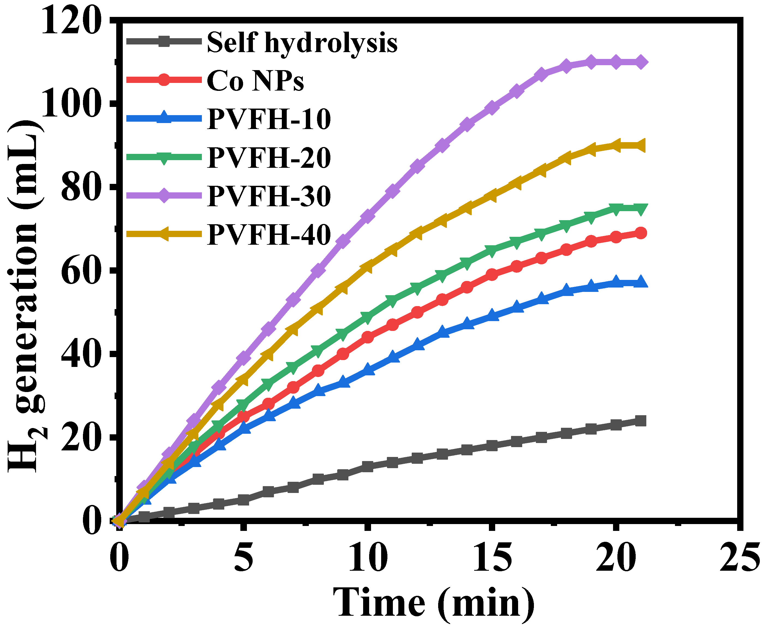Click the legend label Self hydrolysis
point(302,43)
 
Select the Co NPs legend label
point(255,80)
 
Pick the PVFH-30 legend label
point(269,196)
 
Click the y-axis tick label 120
point(71,22)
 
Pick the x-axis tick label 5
point(243,557)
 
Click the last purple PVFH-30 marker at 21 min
point(641,62)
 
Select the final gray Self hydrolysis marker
point(641,421)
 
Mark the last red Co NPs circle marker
point(641,233)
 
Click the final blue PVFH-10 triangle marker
point(641,282)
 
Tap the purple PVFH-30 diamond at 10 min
point(367,216)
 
